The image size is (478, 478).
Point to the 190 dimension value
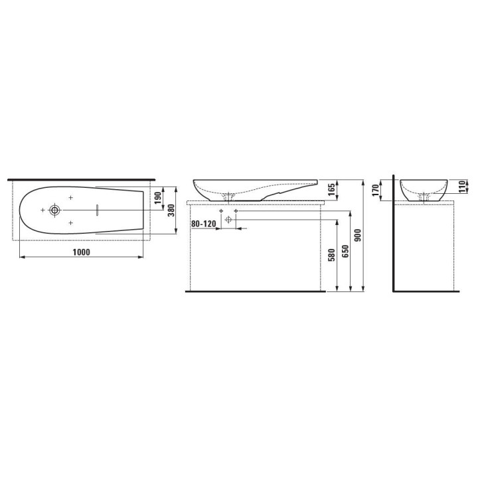[158, 199]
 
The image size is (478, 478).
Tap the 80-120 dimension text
[204, 224]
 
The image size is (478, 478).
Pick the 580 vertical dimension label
[331, 256]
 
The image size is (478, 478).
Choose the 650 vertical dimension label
[345, 252]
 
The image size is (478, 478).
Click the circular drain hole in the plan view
[55, 210]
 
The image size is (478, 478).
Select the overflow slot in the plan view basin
[97, 210]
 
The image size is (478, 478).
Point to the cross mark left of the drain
[42, 210]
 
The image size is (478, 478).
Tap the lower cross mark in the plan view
[70, 222]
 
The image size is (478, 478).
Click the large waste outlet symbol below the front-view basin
[228, 219]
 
